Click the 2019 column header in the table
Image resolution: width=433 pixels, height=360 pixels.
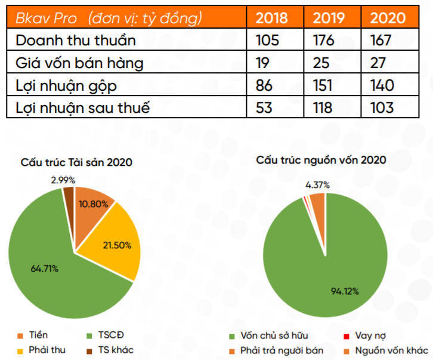point(330,17)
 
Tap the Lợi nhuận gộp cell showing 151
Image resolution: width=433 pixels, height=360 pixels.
point(323,85)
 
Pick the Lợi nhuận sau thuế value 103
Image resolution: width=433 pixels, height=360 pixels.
point(382,107)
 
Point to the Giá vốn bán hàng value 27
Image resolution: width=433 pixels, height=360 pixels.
point(378,63)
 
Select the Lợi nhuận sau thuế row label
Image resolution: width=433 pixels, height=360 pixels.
point(82,107)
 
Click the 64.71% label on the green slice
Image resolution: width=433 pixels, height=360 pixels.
point(44,269)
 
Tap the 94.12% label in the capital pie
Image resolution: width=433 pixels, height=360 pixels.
point(345,291)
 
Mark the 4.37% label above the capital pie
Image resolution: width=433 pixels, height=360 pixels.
point(318,184)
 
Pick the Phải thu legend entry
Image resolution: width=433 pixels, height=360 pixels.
point(45,350)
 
